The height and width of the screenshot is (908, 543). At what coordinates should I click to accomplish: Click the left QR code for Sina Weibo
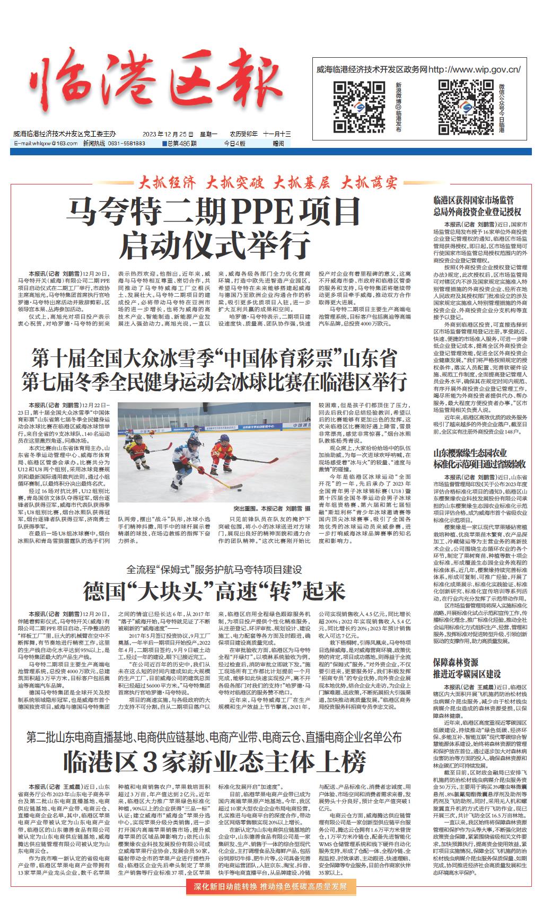pos(351,107)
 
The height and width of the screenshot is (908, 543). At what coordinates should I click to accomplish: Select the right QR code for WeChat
pos(456,107)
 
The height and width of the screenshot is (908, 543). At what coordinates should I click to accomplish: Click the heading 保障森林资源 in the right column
pos(456,662)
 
